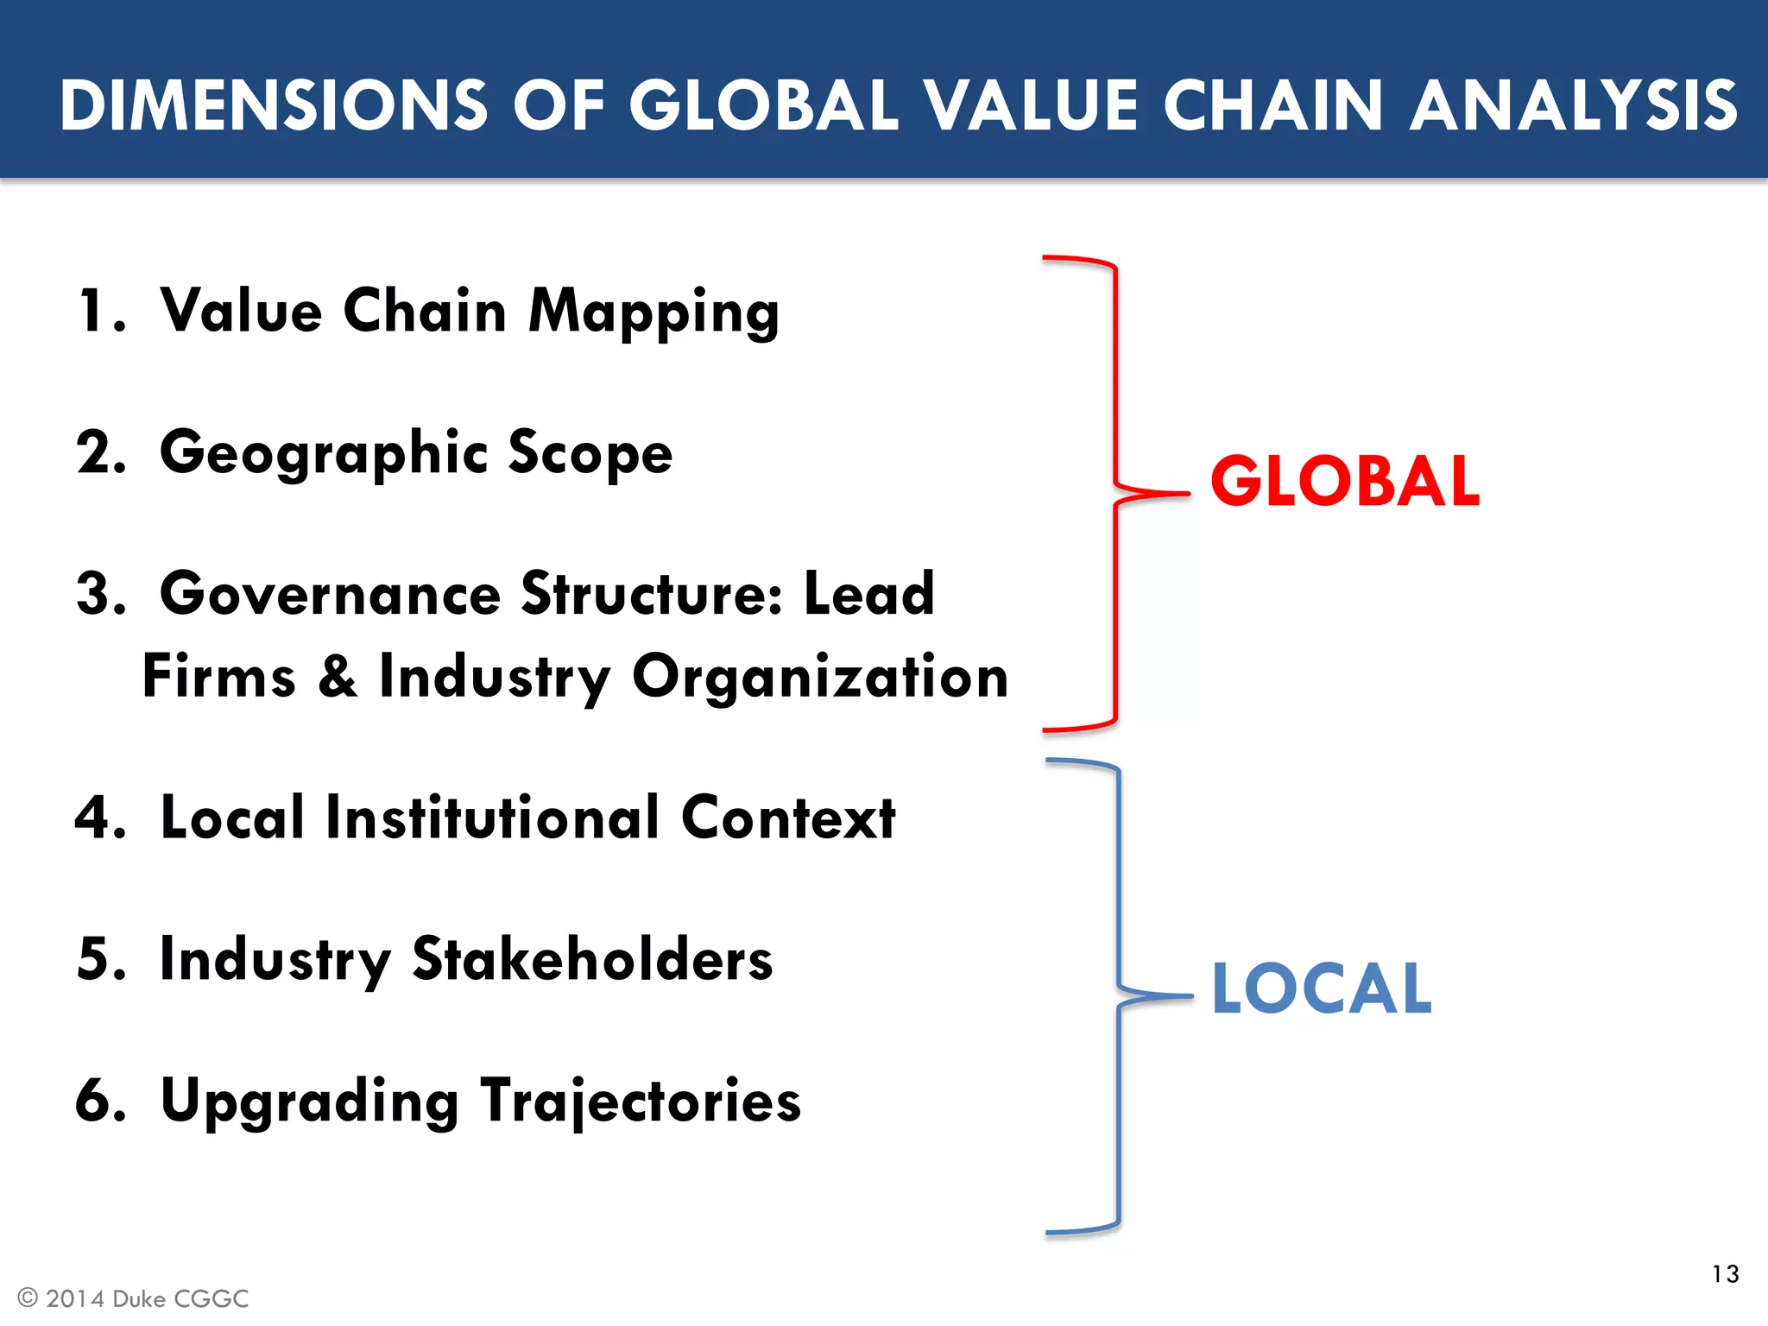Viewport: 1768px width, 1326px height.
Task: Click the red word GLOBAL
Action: [1344, 481]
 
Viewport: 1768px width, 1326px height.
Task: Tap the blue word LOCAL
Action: [1322, 988]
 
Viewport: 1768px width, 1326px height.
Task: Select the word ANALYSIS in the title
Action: [1573, 105]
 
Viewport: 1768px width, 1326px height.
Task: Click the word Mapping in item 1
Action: [654, 313]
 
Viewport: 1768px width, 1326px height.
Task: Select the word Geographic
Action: [325, 454]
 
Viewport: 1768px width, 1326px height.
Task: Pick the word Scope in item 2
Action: [590, 454]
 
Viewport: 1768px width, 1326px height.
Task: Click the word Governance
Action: [331, 595]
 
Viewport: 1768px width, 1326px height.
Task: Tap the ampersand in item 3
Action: [338, 676]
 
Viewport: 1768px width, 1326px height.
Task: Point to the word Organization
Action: [820, 678]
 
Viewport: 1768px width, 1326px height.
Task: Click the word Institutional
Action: [492, 818]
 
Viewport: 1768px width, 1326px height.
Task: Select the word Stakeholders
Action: [592, 959]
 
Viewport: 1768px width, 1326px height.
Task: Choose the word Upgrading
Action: [310, 1102]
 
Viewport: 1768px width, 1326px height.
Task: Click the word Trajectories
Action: [641, 1102]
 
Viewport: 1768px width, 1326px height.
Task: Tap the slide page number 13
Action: [1725, 1274]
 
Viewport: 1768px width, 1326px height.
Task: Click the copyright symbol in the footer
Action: [28, 1298]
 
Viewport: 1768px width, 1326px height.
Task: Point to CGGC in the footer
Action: [211, 1298]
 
